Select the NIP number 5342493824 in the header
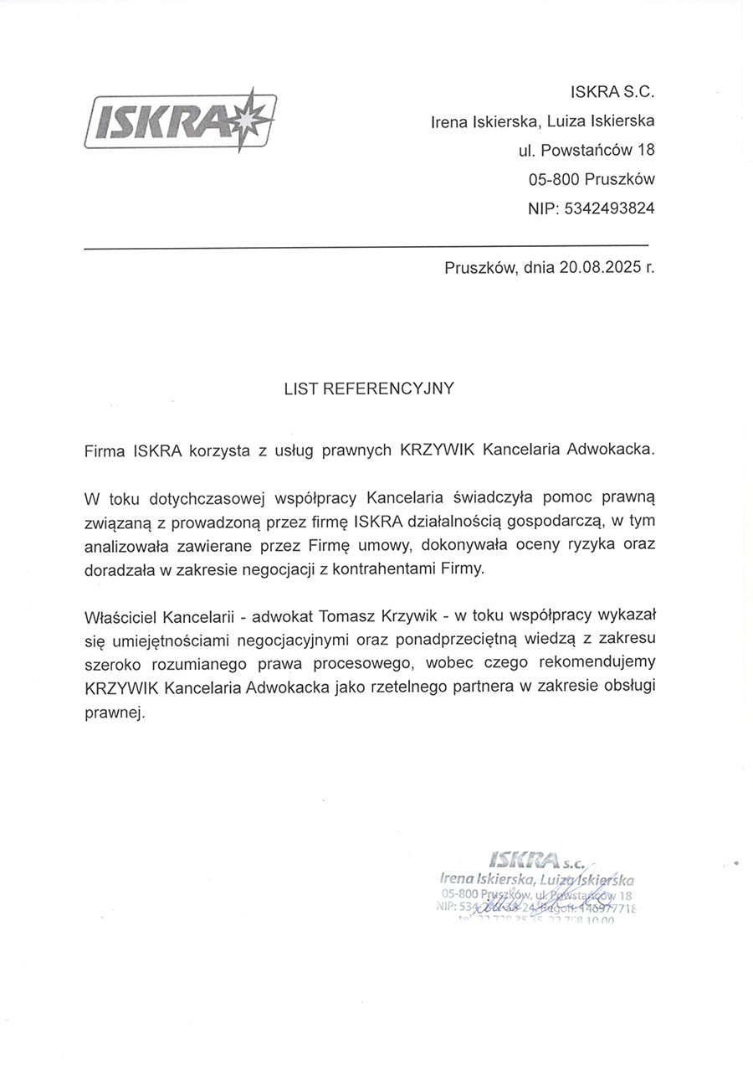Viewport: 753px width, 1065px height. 611,208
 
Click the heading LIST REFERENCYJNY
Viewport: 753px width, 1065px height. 369,388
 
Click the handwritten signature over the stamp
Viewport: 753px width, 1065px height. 544,900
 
